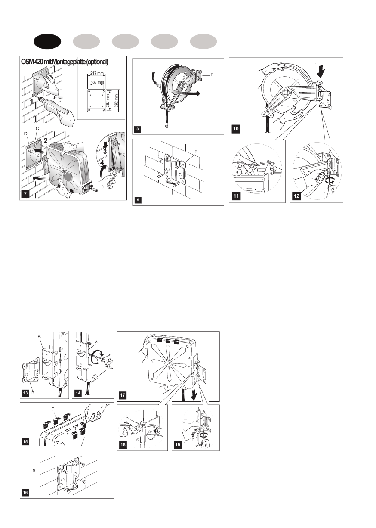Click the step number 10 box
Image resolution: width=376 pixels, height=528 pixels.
click(x=235, y=129)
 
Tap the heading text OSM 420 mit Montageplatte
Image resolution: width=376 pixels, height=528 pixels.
click(x=65, y=62)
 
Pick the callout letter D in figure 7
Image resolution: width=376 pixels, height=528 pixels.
click(x=26, y=134)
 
